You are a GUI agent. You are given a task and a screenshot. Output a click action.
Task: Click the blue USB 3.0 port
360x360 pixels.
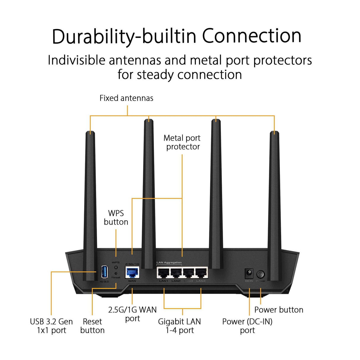(104, 272)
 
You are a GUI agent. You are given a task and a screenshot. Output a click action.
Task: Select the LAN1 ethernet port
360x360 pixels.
(163, 272)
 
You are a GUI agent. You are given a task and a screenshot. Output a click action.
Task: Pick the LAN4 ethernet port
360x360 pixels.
(201, 272)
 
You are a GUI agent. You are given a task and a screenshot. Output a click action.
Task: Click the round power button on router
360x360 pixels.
(260, 274)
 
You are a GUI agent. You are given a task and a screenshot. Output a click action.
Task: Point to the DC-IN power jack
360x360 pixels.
(249, 273)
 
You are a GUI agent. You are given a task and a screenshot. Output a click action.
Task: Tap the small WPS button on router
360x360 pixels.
(116, 267)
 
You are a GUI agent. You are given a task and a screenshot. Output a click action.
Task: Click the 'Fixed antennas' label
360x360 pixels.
(126, 98)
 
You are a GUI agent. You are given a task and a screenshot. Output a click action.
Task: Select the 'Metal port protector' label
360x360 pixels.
(182, 142)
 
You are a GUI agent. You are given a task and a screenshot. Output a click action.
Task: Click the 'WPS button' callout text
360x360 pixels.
(116, 217)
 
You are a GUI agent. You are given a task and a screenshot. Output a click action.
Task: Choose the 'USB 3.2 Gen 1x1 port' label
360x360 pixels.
(51, 326)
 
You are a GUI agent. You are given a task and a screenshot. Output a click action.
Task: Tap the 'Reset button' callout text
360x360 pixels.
(92, 326)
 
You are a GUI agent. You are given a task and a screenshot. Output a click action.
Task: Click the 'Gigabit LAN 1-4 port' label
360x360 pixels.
(179, 326)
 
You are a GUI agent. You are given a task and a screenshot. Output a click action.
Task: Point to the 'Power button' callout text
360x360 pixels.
(279, 310)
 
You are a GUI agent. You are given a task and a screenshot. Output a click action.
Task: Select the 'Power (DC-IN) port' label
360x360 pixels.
(247, 326)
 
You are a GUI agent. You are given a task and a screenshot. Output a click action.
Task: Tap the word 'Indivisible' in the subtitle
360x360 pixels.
(77, 60)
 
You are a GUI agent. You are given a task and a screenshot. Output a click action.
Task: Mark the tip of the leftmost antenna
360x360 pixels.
(90, 133)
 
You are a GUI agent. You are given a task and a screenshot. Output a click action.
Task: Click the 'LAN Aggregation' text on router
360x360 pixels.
(169, 262)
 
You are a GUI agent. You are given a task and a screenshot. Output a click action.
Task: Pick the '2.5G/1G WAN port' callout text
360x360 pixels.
(132, 314)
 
